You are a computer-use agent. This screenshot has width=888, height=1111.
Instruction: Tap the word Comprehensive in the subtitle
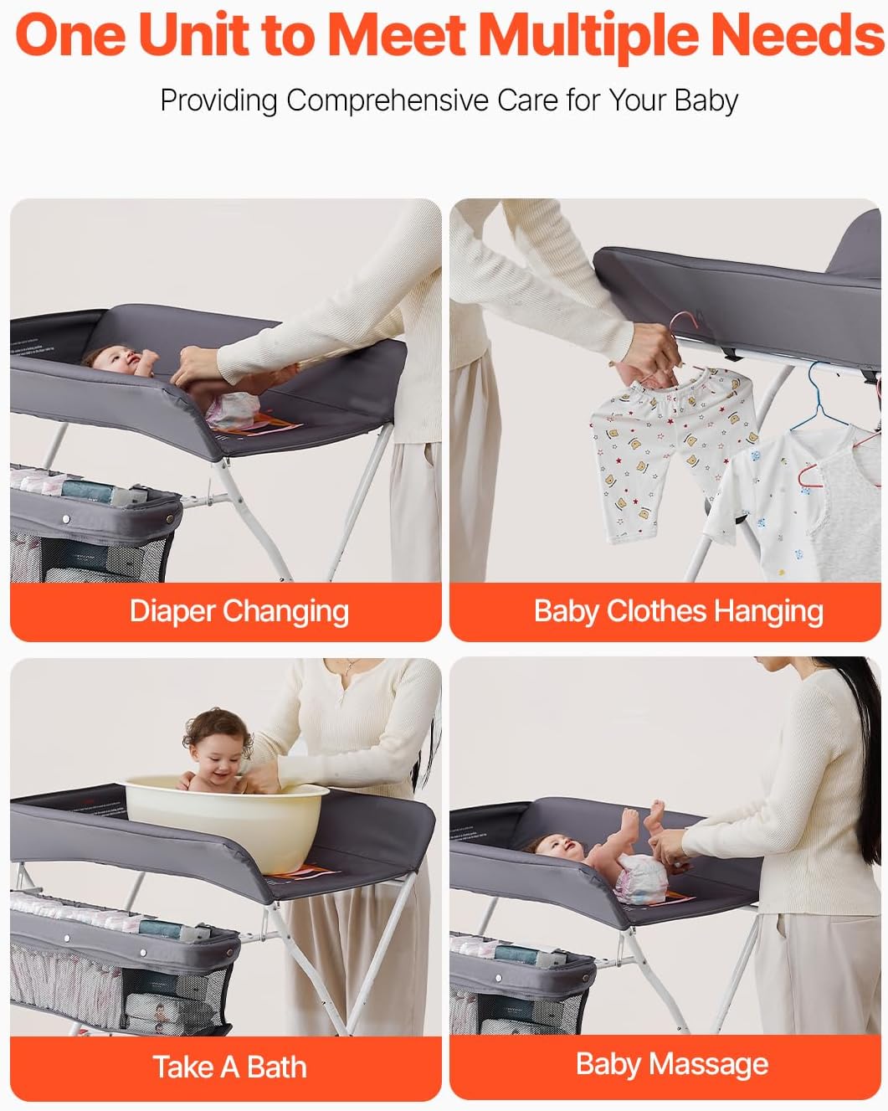[388, 100]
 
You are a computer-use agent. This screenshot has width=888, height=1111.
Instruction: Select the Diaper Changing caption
[239, 612]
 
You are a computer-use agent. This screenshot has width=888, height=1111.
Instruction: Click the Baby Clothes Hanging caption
[679, 612]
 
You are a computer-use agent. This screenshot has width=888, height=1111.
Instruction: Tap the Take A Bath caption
[230, 1067]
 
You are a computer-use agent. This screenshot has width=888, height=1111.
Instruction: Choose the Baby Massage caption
[672, 1065]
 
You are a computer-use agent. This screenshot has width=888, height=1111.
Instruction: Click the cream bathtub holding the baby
[226, 822]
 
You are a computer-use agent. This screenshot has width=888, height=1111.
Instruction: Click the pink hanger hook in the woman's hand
[685, 321]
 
